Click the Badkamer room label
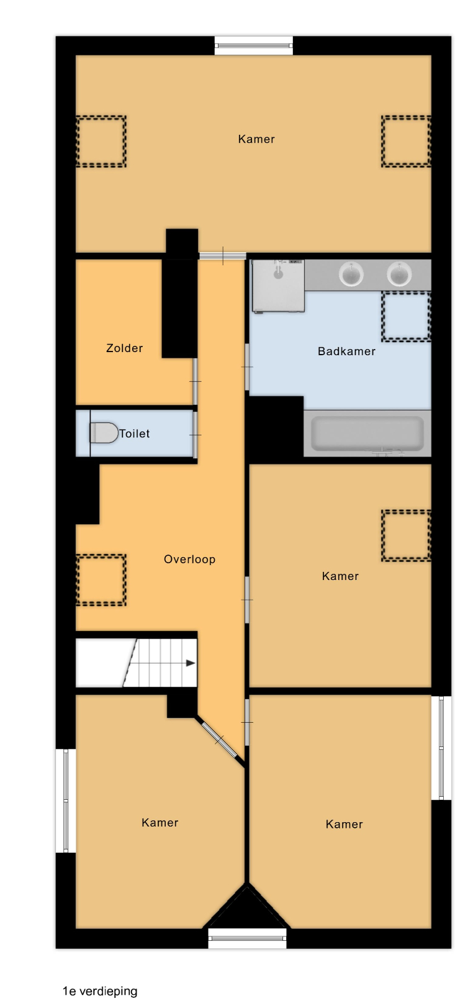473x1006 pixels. tap(346, 351)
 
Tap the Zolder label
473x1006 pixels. tap(124, 348)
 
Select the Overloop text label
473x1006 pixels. tap(189, 559)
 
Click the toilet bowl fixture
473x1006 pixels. tap(104, 433)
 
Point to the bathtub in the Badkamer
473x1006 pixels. tap(367, 433)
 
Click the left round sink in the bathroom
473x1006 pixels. tap(351, 273)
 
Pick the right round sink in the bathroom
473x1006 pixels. tap(399, 273)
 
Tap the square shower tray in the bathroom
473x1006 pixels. tap(278, 286)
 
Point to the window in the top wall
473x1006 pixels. tap(253, 45)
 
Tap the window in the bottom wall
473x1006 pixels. tap(247, 938)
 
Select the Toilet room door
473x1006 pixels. tap(195, 435)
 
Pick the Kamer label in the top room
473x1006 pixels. tap(256, 139)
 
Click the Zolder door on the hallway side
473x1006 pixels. tap(195, 381)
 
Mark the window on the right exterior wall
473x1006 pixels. tap(441, 748)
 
